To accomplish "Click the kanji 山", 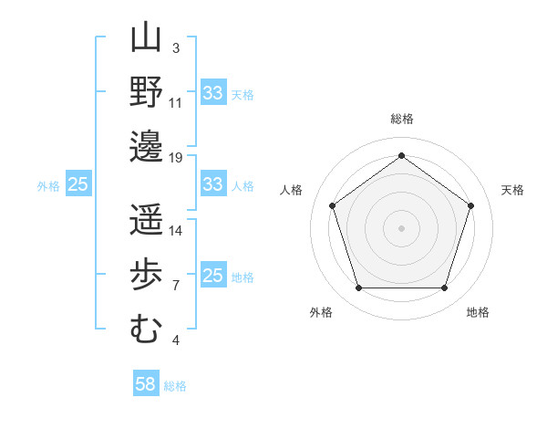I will click(146, 39).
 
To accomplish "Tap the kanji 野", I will click(146, 92).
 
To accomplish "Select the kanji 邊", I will click(146, 146).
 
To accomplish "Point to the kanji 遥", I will click(146, 220).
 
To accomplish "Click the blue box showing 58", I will click(146, 384).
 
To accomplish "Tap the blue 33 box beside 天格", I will click(212, 93).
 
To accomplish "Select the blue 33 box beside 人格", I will click(212, 184).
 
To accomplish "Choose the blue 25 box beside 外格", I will click(78, 184).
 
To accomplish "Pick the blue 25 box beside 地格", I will click(212, 276).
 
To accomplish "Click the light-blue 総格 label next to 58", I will click(175, 386).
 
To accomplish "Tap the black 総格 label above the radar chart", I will click(402, 120).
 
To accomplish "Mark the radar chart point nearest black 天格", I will click(471, 205).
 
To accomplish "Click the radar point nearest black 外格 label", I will click(358, 288).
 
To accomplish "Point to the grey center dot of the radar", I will click(401, 227).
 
